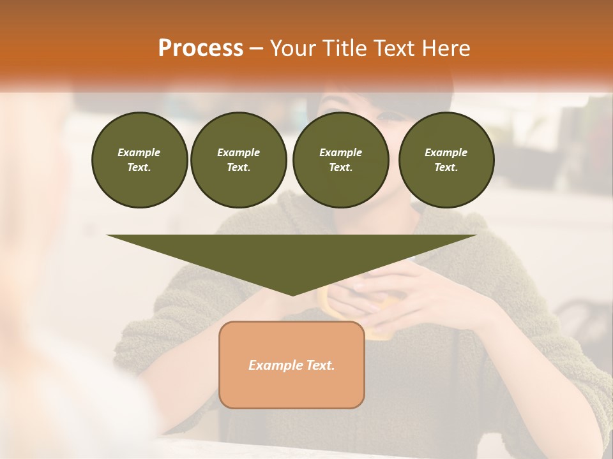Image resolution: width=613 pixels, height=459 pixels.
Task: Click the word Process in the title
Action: pyautogui.click(x=201, y=48)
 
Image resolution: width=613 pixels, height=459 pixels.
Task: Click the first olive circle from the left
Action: pyautogui.click(x=139, y=160)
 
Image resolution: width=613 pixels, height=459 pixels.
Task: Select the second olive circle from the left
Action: pyautogui.click(x=239, y=160)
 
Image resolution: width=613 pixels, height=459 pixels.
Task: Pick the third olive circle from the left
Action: pyautogui.click(x=341, y=160)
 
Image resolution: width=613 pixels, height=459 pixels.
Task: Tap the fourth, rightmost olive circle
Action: pyautogui.click(x=446, y=160)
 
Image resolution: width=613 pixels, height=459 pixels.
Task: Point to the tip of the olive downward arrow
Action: pyautogui.click(x=292, y=295)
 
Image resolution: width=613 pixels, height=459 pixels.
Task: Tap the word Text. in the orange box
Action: pyautogui.click(x=320, y=365)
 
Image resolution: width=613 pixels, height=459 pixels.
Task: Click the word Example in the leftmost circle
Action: pyautogui.click(x=139, y=152)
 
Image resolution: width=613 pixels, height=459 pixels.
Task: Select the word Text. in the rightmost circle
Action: pyautogui.click(x=446, y=168)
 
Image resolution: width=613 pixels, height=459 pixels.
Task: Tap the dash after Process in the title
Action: pyautogui.click(x=257, y=48)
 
